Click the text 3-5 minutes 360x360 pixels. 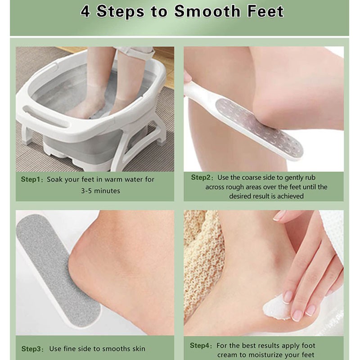point(100,190)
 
